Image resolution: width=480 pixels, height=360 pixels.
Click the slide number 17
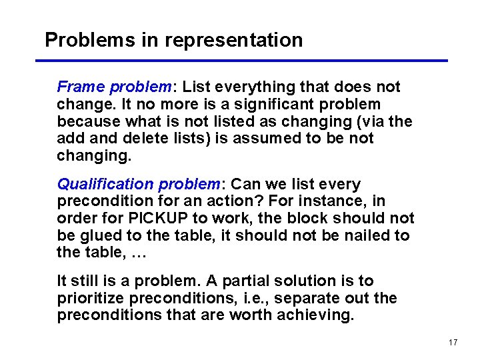453,343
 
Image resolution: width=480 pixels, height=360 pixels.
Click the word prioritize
92,298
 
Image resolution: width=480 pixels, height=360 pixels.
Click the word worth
251,315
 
